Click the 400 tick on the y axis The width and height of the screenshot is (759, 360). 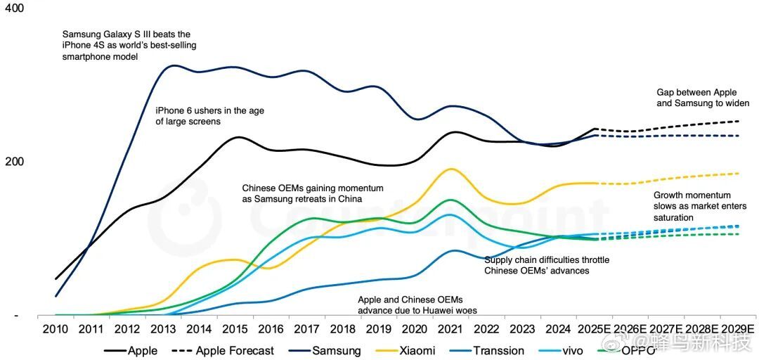14,8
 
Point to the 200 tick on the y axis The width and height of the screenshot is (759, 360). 14,162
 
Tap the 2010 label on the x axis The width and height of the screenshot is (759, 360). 56,329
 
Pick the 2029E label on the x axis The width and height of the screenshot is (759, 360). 737,329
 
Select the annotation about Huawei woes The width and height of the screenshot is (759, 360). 410,304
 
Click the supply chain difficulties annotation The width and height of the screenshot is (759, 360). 547,265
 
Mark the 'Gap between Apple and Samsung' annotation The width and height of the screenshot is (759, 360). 703,98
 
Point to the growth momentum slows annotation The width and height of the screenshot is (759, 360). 692,206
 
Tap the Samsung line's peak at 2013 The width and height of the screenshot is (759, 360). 174,66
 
